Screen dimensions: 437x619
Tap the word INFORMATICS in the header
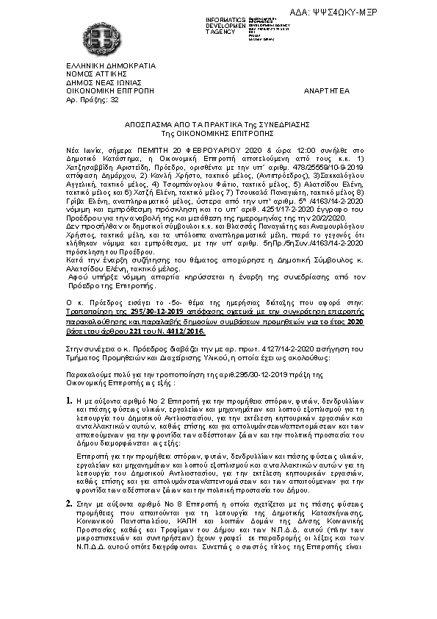[x=227, y=19]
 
